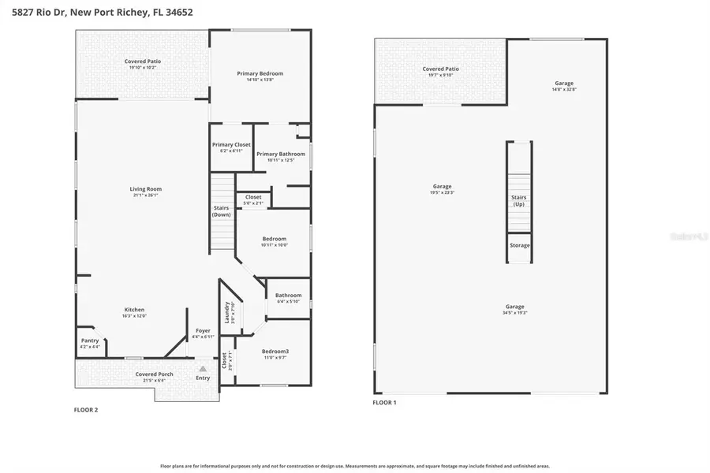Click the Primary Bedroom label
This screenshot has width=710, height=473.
pos(260,73)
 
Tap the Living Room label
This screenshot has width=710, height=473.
pos(146,189)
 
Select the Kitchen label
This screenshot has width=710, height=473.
pos(134,310)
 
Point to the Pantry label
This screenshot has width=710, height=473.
pos(90,341)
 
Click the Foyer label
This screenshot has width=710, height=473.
pos(203,331)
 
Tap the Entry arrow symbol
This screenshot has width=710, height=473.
pos(203,368)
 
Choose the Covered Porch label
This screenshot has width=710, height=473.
pos(154,374)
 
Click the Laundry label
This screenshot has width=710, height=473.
pos(227,312)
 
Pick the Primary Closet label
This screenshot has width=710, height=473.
pos(231,145)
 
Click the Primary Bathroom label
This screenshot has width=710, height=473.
pos(281,155)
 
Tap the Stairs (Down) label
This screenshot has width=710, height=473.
pos(222,211)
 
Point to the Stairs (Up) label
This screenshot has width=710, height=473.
pos(518,201)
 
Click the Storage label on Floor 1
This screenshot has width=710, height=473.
pos(519,245)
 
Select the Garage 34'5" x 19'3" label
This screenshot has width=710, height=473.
pos(514,307)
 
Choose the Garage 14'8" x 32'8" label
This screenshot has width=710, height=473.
pos(563,84)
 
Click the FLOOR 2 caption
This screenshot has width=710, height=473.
pos(86,410)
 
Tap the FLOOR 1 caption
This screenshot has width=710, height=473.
pos(384,403)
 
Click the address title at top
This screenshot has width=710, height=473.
pos(102,13)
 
